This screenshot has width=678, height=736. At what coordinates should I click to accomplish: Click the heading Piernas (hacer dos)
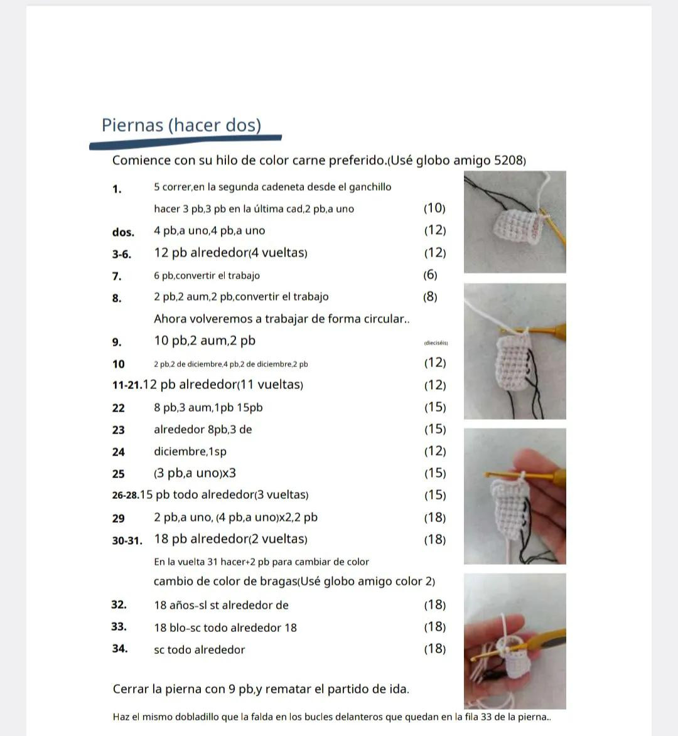(181, 125)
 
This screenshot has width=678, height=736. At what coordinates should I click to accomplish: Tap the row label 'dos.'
(123, 232)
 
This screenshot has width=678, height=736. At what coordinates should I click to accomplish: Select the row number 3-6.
(122, 254)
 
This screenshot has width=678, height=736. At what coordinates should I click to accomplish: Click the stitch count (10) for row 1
(434, 208)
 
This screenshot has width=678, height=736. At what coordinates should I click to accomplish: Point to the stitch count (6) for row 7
(430, 275)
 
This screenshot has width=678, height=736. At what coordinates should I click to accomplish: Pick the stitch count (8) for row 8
(430, 297)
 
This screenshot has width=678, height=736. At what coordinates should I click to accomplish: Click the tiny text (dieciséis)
(436, 343)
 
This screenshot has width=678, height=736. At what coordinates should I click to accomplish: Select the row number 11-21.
(127, 385)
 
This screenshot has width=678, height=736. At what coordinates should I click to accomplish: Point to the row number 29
(119, 518)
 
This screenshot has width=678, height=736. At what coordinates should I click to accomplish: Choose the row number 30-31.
(127, 540)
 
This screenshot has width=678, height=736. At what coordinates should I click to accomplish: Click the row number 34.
(120, 649)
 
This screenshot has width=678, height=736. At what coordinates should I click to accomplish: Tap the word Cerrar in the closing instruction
(131, 689)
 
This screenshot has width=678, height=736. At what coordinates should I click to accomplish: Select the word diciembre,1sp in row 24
(190, 452)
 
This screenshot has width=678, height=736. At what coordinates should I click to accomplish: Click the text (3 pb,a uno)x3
(195, 473)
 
